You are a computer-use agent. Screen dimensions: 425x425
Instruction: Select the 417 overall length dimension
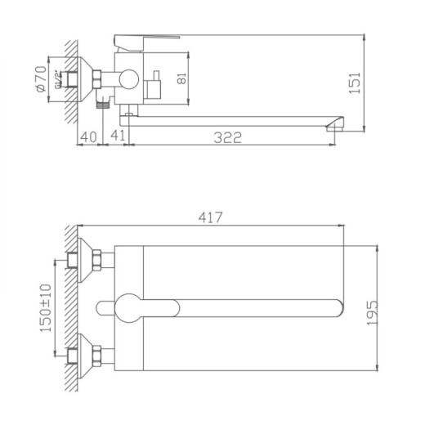(x=210, y=217)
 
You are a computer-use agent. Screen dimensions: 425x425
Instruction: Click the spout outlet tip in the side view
(x=334, y=124)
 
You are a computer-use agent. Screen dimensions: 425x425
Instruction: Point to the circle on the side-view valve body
(x=127, y=80)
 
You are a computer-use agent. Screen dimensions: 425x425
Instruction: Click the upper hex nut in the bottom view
(x=101, y=262)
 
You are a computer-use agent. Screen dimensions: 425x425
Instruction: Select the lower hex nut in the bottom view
(x=101, y=354)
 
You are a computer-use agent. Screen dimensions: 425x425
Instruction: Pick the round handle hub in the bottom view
(x=129, y=307)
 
